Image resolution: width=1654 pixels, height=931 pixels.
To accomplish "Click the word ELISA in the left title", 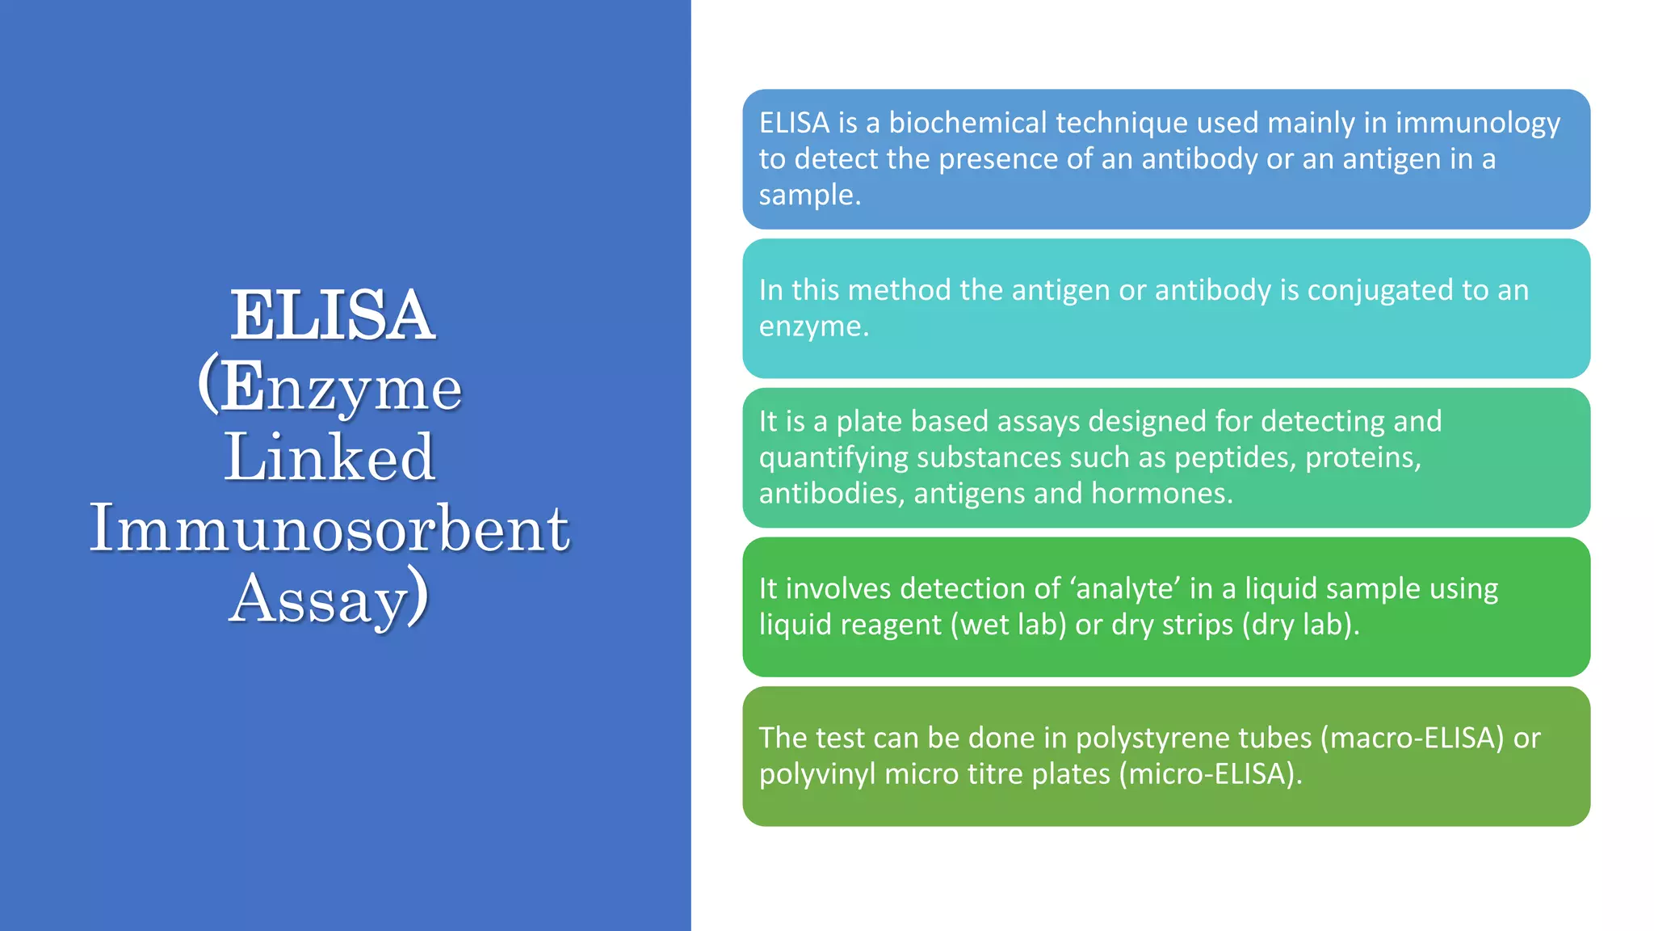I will (332, 315).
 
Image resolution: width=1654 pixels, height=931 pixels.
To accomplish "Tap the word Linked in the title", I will (330, 457).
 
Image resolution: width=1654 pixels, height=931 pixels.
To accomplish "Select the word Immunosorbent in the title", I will (330, 529).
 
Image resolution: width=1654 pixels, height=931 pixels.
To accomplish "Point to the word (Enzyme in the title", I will (330, 386).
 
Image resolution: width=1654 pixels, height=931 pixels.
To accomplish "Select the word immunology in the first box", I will (1478, 123).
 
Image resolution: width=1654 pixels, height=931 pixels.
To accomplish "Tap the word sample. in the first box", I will (809, 195).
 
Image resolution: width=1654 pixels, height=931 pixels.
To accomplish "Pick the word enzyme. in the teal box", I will (813, 326).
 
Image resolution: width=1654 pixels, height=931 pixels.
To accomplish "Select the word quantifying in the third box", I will (833, 458).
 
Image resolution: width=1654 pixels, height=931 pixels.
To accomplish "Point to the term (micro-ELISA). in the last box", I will (1211, 774).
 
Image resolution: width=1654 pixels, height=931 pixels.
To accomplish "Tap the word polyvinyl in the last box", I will (817, 775).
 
